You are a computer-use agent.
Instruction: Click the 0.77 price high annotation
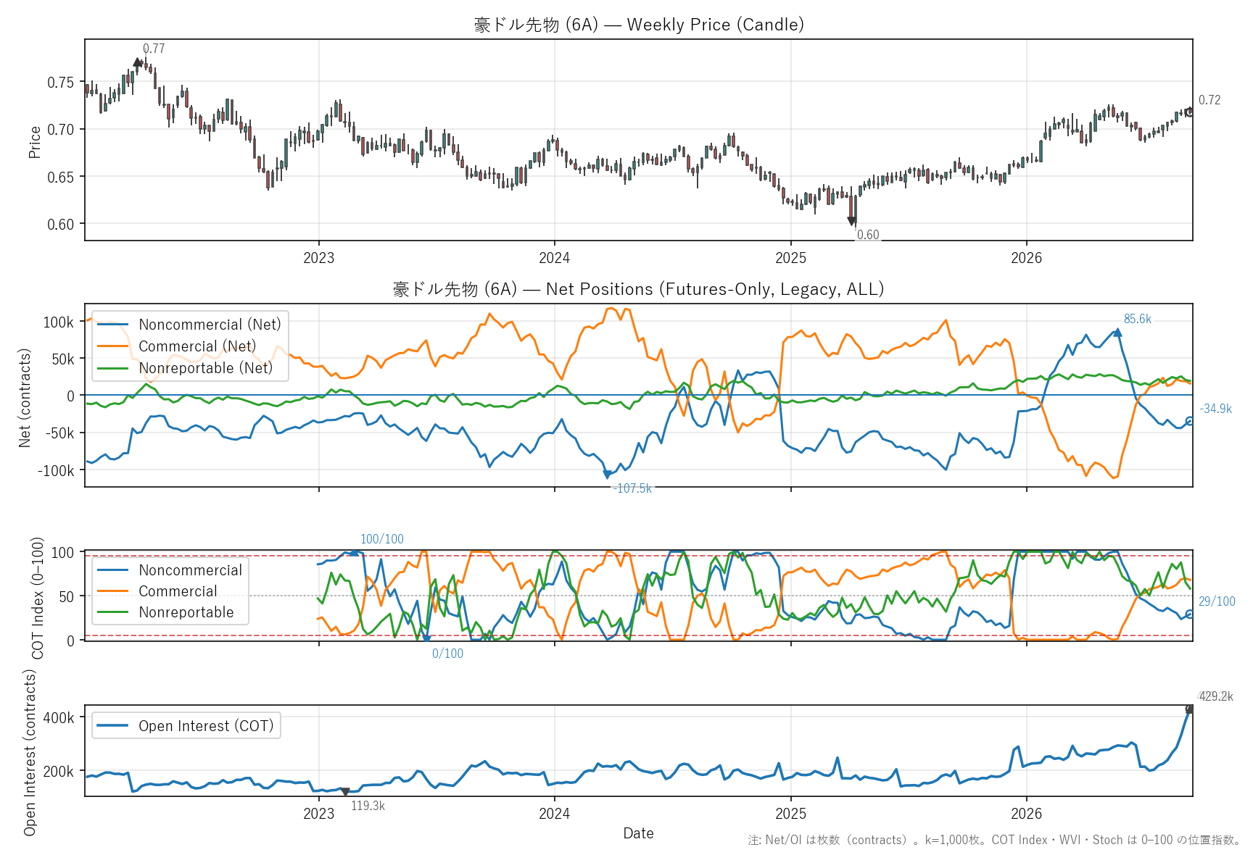click(154, 49)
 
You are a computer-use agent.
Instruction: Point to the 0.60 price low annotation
click(868, 235)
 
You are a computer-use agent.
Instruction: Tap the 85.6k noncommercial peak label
click(1137, 319)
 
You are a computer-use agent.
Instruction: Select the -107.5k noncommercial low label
click(632, 488)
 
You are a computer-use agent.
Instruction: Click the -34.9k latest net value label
click(1215, 409)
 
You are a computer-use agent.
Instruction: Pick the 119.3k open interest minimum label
click(368, 806)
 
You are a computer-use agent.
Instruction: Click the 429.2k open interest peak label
click(1215, 696)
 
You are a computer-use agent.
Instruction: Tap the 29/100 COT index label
click(1217, 601)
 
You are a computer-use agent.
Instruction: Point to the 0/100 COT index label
click(447, 654)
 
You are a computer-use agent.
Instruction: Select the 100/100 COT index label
click(382, 539)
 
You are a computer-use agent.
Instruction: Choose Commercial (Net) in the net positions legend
click(197, 346)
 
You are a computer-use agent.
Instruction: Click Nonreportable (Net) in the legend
click(206, 368)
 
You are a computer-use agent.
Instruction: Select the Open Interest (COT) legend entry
click(206, 726)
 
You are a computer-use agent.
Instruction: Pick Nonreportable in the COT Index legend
click(186, 612)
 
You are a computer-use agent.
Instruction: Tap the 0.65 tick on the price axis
click(60, 177)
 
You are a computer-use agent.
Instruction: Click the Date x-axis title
click(638, 833)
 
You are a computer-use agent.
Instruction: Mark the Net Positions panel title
click(639, 289)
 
